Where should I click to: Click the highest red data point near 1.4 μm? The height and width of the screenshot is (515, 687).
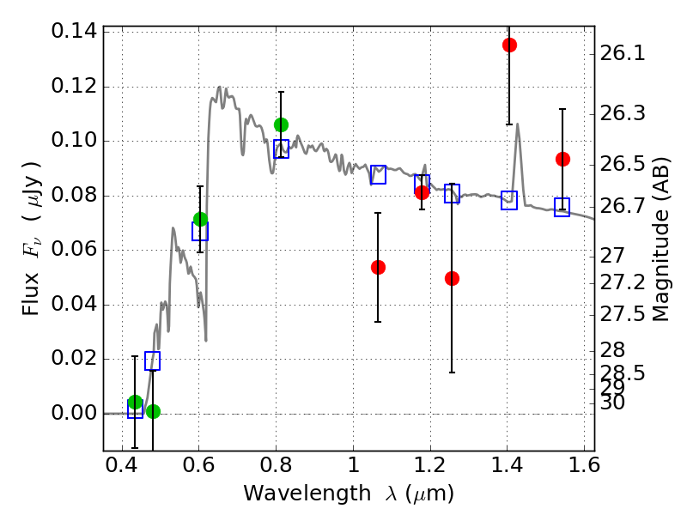click(509, 45)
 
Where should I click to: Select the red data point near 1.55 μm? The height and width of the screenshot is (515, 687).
click(562, 159)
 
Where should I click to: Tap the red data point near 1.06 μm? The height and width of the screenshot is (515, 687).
click(378, 267)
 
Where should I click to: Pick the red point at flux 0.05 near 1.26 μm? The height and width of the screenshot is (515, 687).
click(452, 278)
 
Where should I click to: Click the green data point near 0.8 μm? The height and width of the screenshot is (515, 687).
click(281, 124)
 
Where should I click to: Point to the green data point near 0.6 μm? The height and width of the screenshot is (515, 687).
click(200, 219)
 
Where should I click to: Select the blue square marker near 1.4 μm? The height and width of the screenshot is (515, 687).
click(509, 201)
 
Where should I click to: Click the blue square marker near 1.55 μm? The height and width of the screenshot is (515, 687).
click(562, 208)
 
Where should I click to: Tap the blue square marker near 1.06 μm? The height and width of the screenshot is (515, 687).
click(378, 174)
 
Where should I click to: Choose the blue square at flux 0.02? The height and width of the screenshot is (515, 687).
click(153, 360)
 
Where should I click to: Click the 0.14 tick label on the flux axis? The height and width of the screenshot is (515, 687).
click(74, 32)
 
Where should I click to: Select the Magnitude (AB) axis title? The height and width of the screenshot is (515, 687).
click(661, 239)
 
